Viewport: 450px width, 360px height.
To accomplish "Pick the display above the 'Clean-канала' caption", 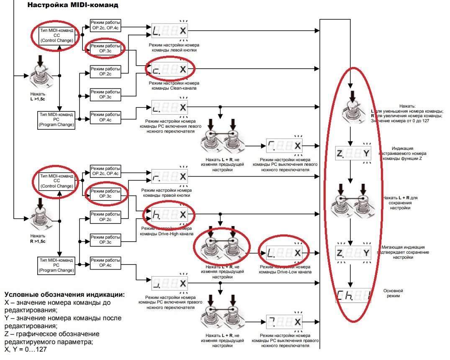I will [170, 69].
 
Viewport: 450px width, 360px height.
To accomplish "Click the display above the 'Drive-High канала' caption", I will [170, 214].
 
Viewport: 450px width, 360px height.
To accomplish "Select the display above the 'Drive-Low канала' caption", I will [284, 253].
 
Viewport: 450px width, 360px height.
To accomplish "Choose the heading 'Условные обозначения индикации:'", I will [64, 295].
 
